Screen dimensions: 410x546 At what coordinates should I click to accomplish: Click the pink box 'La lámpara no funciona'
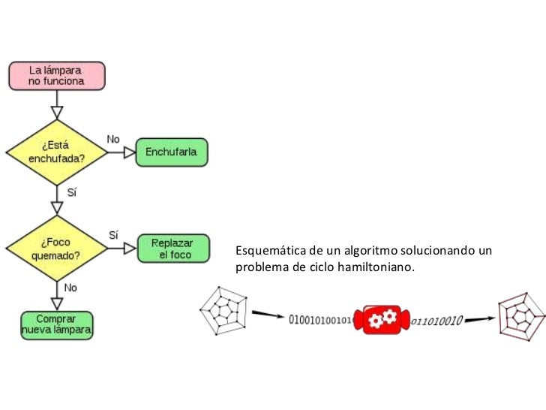pos(56,74)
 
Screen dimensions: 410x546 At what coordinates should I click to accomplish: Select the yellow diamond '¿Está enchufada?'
pos(56,152)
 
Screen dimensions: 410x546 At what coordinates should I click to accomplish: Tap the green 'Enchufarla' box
pos(171,152)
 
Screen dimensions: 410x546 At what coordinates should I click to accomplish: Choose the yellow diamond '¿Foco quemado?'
pos(56,248)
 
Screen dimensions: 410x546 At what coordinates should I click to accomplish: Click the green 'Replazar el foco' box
pos(172,249)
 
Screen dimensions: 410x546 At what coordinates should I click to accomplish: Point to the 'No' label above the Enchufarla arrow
pos(113,139)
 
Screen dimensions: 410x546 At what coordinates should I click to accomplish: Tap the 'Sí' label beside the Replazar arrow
pos(114,234)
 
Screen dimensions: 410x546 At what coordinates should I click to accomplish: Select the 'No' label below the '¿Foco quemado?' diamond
pos(70,288)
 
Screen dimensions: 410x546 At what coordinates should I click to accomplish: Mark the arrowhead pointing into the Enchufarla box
pos(130,152)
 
